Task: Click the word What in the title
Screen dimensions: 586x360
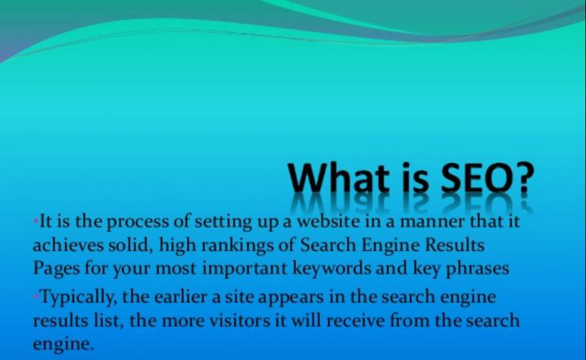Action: point(339,177)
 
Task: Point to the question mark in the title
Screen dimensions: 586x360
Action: point(524,177)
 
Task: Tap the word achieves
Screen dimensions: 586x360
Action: point(68,246)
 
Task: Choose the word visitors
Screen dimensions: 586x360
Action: point(240,321)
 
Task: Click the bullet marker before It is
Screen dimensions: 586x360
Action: point(36,221)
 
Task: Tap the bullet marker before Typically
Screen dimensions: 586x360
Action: point(36,297)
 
